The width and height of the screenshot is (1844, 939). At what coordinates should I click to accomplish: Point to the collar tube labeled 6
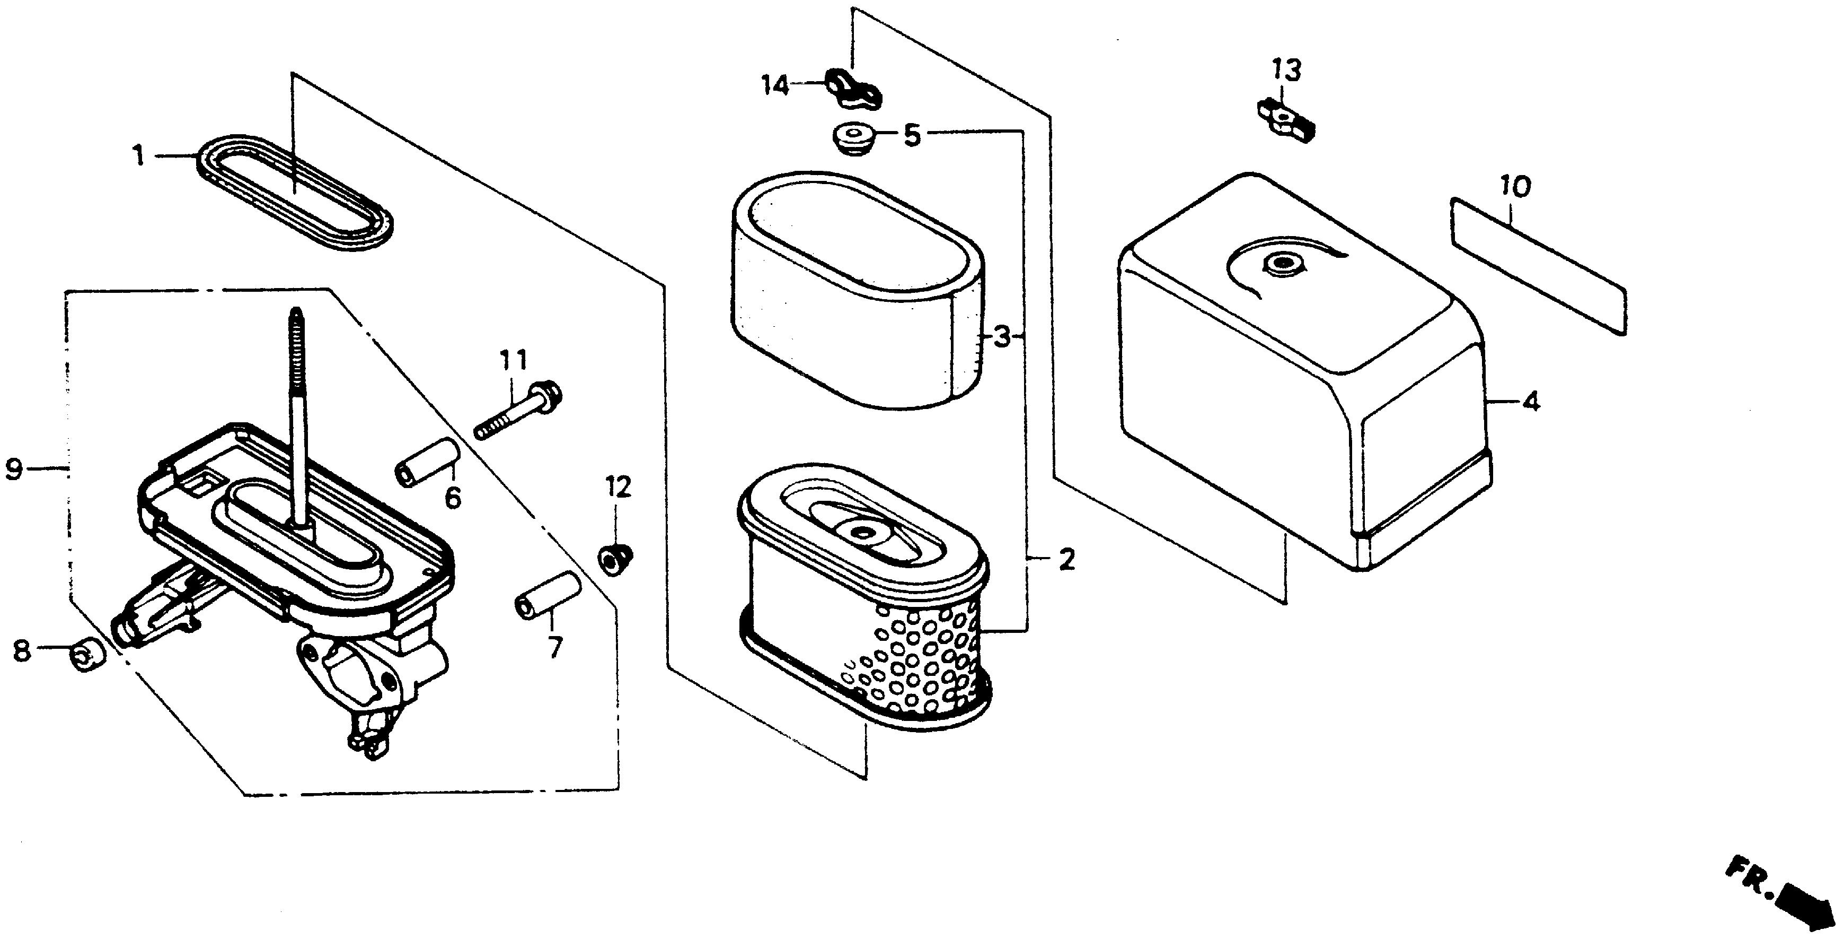[x=427, y=463]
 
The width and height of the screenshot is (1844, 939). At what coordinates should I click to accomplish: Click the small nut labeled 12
[x=615, y=557]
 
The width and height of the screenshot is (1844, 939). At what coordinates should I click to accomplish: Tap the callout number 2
[x=1066, y=559]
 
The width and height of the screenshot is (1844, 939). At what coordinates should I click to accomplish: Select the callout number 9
[x=14, y=470]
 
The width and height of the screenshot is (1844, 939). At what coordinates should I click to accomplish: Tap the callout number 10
[x=1516, y=186]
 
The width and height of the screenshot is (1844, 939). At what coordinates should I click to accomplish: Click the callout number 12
[x=619, y=487]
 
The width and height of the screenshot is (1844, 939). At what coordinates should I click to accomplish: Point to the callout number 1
[x=139, y=155]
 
